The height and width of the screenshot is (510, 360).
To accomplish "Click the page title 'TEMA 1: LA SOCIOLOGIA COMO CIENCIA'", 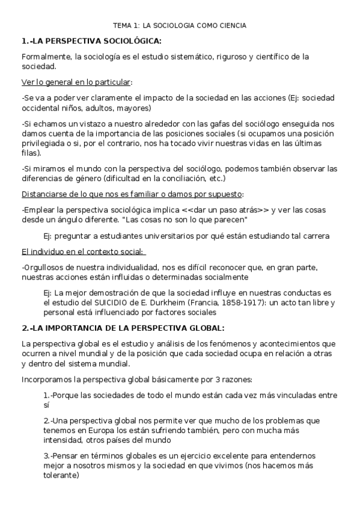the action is tap(180, 25).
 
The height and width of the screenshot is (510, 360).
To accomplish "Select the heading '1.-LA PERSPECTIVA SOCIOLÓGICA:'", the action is tap(91, 41).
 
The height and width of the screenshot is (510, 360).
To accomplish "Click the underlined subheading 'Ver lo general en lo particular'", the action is tap(76, 82).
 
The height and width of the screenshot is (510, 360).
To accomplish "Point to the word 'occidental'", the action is tap(41, 108).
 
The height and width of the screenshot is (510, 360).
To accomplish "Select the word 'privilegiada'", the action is tap(43, 144).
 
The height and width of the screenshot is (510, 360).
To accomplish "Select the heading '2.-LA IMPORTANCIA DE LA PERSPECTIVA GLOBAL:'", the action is tap(123, 328).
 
